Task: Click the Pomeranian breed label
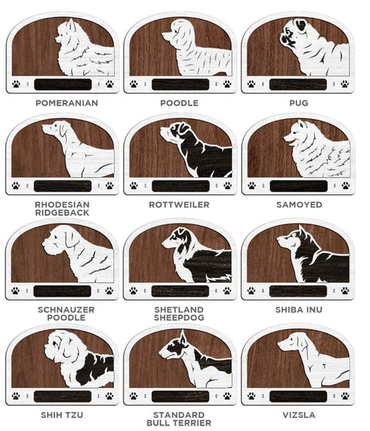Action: pos(67,103)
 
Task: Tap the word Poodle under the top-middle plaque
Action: pos(180,103)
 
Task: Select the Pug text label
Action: pos(299,103)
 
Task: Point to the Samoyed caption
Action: pos(299,205)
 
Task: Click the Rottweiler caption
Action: pos(180,205)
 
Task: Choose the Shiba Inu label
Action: pos(299,310)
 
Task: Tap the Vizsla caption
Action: pos(299,415)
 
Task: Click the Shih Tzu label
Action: pos(62,415)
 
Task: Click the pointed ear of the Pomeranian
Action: pos(72,24)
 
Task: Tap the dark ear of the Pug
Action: pos(301,25)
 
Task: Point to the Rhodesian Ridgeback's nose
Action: pos(43,127)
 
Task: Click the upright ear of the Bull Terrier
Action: pos(183,337)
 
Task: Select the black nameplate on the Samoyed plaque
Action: pos(298,186)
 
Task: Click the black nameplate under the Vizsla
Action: pos(298,396)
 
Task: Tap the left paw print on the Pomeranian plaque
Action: pos(16,84)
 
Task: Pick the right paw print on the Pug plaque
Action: pos(345,84)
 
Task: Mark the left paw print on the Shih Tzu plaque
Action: pos(16,396)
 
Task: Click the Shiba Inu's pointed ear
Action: pos(302,231)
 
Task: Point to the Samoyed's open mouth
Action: pos(290,142)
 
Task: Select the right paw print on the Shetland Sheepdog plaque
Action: pos(227,291)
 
